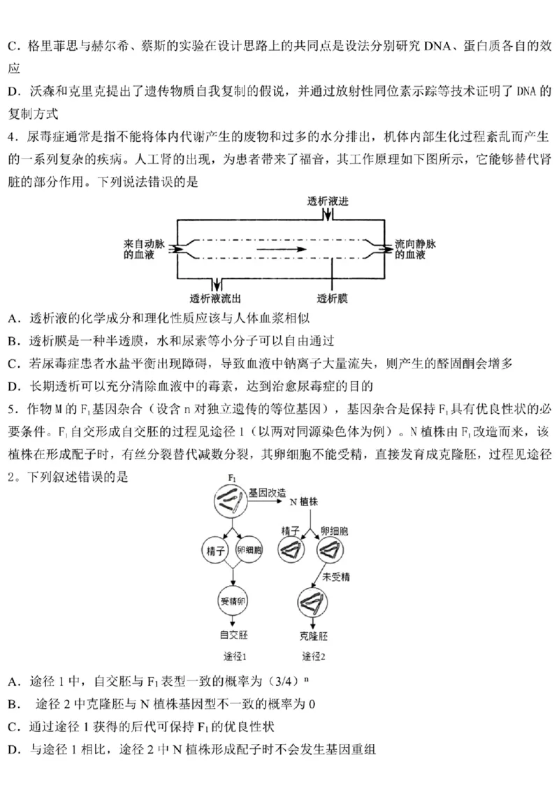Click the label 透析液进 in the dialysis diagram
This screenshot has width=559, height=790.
(328, 201)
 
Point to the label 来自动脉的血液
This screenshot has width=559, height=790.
(144, 250)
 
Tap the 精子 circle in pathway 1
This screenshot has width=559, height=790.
(214, 550)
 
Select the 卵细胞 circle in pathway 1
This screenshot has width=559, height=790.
(249, 550)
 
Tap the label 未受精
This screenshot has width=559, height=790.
(335, 577)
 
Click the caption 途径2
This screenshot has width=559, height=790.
(314, 656)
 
